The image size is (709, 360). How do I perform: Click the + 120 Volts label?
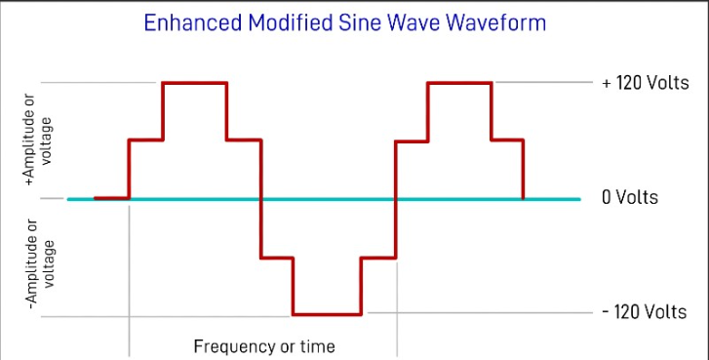tap(646, 83)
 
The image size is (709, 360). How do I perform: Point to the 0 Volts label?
tap(630, 198)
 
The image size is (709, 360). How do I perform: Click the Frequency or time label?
tap(264, 346)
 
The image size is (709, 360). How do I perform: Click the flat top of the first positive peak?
tap(194, 83)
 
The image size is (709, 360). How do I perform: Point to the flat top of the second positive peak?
tap(459, 83)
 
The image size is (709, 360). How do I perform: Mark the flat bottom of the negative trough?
tap(328, 314)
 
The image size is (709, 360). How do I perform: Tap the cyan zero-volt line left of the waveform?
tap(80, 199)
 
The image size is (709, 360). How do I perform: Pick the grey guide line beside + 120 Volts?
tap(546, 83)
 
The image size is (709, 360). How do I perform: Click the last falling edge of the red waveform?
tap(525, 171)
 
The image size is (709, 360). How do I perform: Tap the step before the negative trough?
tap(277, 258)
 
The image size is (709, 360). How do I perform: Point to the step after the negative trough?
tap(378, 258)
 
